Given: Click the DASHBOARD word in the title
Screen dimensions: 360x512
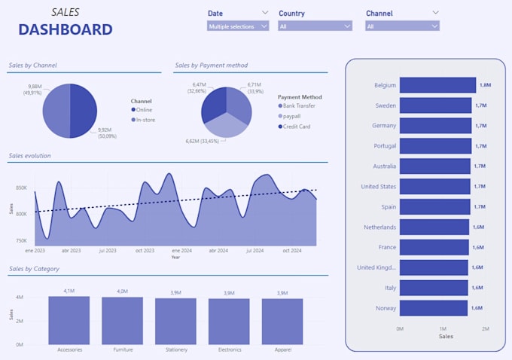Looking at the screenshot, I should tap(66, 30).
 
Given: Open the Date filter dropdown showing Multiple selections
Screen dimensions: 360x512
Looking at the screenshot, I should tap(238, 26).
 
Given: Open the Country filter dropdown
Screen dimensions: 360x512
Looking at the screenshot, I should tap(315, 26).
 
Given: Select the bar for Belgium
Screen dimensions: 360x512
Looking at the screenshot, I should tap(437, 85).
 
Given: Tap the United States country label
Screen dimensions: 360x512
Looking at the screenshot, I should tap(378, 186).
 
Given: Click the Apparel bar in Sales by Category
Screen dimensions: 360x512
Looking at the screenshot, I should tap(282, 322).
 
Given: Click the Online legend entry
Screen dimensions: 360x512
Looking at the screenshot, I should tap(144, 110).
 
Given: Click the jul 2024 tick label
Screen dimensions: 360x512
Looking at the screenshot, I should tap(254, 250).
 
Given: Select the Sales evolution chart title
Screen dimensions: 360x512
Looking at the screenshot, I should tap(30, 156).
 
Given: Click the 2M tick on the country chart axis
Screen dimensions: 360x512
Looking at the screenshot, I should tap(486, 329).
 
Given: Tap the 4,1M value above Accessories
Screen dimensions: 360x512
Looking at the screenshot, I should tap(69, 291).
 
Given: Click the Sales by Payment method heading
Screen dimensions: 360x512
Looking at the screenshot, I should tap(212, 66).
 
